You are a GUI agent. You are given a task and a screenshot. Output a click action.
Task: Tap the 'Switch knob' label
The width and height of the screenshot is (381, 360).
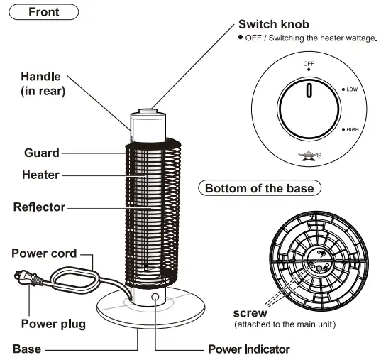[273, 24]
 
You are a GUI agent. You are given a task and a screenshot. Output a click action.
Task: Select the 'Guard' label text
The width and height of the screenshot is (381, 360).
[42, 152]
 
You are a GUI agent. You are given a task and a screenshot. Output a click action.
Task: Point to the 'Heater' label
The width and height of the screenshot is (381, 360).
[42, 174]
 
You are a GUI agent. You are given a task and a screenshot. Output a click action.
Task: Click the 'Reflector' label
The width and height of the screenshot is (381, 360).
[39, 207]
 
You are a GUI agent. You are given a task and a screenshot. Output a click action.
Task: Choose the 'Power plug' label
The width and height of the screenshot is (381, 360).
[53, 324]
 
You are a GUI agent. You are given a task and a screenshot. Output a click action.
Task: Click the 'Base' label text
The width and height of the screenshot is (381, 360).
[27, 349]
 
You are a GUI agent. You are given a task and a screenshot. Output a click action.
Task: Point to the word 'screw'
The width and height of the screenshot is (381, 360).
[250, 312]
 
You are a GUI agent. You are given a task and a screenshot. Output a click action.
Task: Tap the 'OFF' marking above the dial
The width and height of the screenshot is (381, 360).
[309, 63]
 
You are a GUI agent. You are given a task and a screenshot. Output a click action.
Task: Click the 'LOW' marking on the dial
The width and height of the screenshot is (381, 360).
[352, 90]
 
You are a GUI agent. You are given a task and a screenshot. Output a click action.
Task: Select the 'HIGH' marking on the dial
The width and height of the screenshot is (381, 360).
[353, 130]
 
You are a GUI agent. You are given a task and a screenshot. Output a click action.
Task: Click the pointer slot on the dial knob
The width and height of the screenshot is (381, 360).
[309, 90]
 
